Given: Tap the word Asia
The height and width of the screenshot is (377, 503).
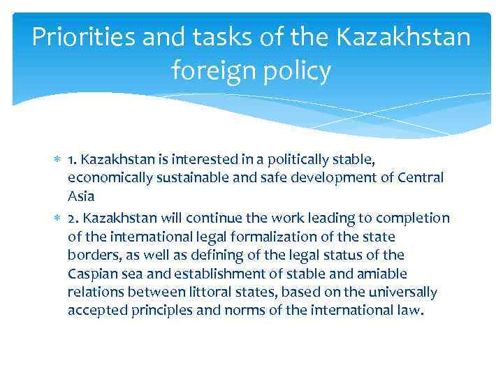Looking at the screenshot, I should click(x=80, y=196).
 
